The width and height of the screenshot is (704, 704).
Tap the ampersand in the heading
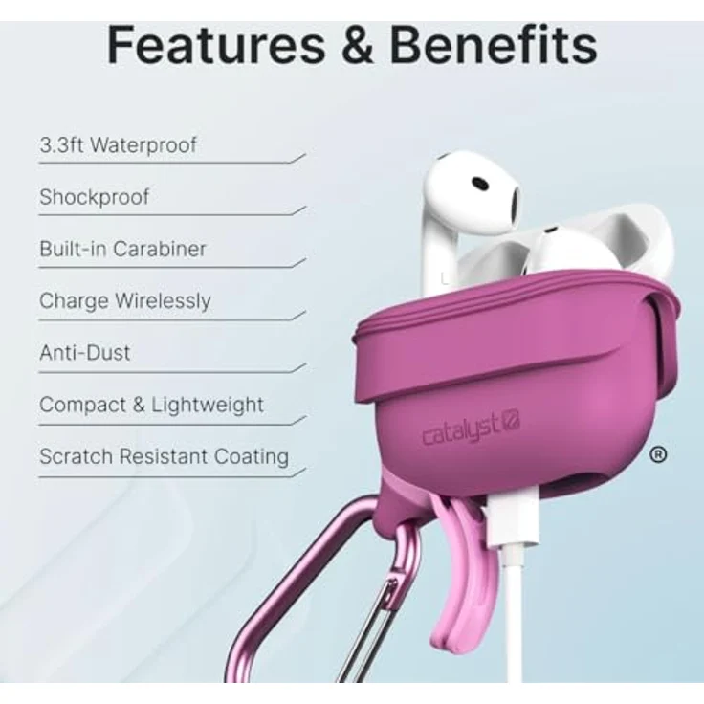coord(356,45)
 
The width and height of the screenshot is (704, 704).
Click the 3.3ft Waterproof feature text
coord(118,145)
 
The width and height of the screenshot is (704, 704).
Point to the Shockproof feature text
coord(95,197)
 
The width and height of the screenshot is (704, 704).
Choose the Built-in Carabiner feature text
coord(122,249)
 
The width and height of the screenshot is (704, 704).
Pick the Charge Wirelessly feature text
coord(124,300)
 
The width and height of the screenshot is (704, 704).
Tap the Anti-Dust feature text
coord(85,352)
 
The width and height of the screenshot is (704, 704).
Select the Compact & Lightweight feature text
coord(151,404)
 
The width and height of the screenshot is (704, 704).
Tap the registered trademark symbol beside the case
coord(657,455)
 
